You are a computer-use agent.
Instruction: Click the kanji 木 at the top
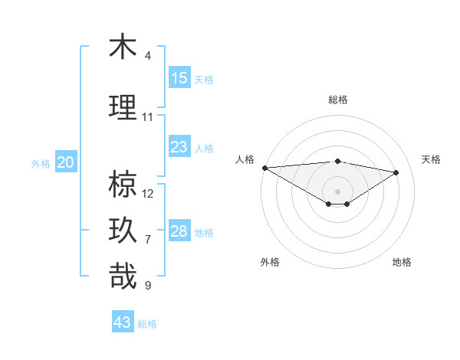click(x=123, y=47)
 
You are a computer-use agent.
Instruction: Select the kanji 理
click(x=123, y=107)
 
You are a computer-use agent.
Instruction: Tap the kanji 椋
click(x=123, y=184)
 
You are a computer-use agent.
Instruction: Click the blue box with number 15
click(x=179, y=78)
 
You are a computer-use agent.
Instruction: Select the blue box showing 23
click(x=179, y=147)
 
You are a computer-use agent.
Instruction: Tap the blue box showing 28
click(x=179, y=231)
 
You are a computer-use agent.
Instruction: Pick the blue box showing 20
click(x=66, y=162)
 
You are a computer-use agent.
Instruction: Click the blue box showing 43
click(x=123, y=322)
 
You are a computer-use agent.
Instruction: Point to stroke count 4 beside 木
click(x=147, y=56)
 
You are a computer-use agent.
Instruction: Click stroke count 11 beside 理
click(x=148, y=117)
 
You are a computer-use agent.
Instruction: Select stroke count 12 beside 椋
click(x=148, y=194)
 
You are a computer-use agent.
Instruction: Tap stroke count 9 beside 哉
click(x=147, y=286)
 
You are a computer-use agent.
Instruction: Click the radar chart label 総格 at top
click(x=337, y=100)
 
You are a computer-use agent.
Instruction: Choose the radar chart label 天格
click(x=431, y=159)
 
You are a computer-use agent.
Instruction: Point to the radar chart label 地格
click(x=402, y=262)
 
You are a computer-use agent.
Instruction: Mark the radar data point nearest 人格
click(x=264, y=168)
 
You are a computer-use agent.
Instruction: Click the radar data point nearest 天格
click(x=396, y=172)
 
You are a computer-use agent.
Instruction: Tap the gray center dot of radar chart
click(x=337, y=190)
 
